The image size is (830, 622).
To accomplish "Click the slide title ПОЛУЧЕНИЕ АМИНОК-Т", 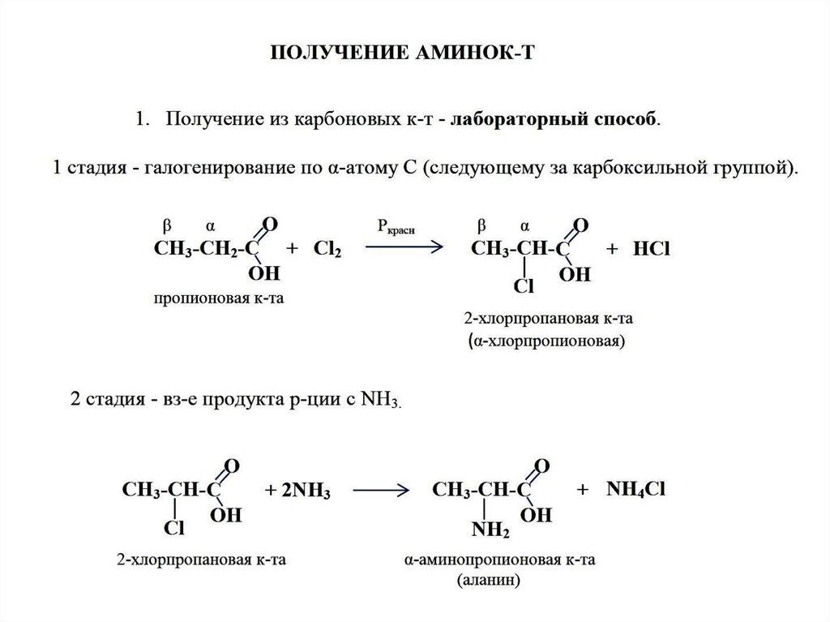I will [403, 53].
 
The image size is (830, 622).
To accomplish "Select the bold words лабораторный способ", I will [554, 120].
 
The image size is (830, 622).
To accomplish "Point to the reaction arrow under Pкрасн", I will [403, 248].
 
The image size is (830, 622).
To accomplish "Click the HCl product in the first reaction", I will [652, 250].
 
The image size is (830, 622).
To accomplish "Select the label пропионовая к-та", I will [220, 299].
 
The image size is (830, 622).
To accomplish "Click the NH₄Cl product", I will [635, 490].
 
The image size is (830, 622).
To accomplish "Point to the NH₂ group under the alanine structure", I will [491, 530].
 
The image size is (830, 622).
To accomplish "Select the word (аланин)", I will [487, 581].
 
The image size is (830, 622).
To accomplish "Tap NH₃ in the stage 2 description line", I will [379, 401].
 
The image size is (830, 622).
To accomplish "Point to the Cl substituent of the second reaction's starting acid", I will [174, 529].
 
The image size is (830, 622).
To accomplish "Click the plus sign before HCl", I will [613, 250].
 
